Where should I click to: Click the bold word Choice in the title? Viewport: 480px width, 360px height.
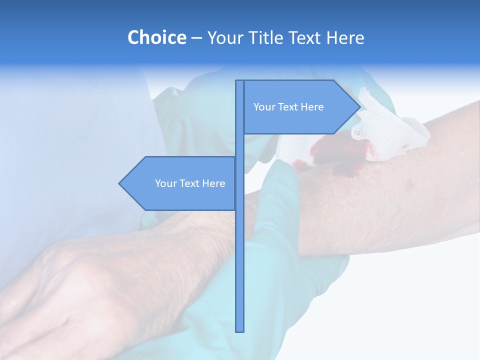pyautogui.click(x=156, y=37)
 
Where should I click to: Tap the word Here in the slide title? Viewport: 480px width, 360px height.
pyautogui.click(x=345, y=37)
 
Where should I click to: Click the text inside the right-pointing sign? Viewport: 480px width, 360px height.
pyautogui.click(x=288, y=107)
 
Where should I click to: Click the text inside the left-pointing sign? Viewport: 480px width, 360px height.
pyautogui.click(x=190, y=183)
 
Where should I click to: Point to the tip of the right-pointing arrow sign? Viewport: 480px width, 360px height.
pyautogui.click(x=359, y=106)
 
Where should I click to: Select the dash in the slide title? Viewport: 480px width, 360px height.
pyautogui.click(x=196, y=37)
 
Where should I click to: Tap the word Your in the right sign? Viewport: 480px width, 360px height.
pyautogui.click(x=263, y=107)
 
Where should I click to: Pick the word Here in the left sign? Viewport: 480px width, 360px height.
pyautogui.click(x=213, y=183)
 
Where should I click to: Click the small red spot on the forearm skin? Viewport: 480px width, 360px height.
pyautogui.click(x=411, y=185)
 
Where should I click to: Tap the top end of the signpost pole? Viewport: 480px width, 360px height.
pyautogui.click(x=239, y=81)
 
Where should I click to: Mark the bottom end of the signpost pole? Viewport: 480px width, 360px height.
pyautogui.click(x=239, y=330)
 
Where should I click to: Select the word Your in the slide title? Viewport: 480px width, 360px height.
pyautogui.click(x=223, y=37)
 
